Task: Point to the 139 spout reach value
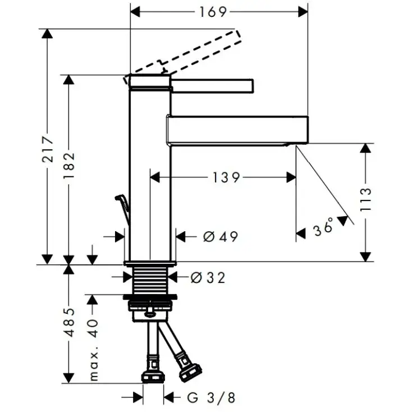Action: coord(226,177)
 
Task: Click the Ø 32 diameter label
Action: coord(208,277)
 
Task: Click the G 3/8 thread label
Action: coord(210,398)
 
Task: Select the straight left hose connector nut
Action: coord(153,375)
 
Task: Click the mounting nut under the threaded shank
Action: coord(150,308)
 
